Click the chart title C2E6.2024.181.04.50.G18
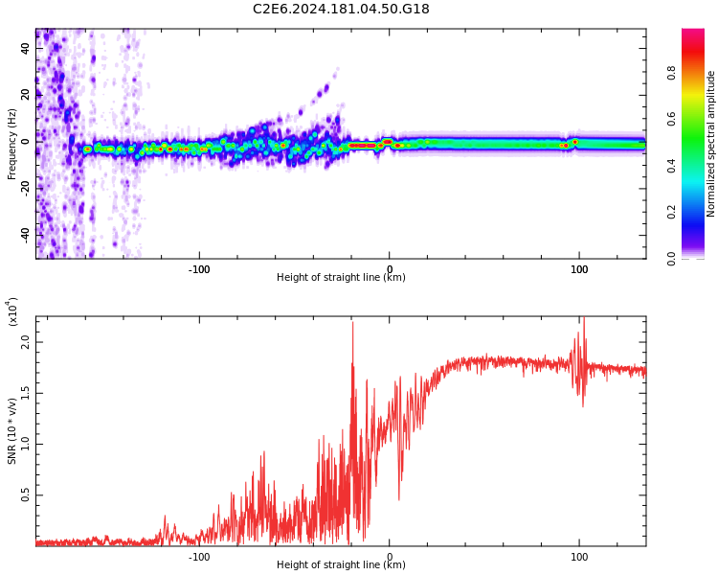click(341, 9)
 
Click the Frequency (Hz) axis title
click(12, 144)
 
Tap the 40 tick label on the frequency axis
click(26, 47)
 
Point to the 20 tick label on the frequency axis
click(26, 94)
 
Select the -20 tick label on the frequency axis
click(26, 188)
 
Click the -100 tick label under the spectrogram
click(198, 269)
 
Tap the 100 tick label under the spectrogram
click(579, 269)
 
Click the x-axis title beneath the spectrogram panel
click(341, 278)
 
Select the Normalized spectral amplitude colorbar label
click(711, 144)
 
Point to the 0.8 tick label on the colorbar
click(698, 71)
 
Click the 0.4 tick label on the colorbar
click(698, 165)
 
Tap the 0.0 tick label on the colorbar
click(698, 258)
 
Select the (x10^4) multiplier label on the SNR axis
click(12, 311)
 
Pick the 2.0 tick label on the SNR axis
click(26, 341)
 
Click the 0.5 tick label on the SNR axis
click(26, 494)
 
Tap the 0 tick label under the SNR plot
click(389, 557)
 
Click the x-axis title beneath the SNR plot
click(341, 565)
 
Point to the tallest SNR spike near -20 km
click(352, 323)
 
